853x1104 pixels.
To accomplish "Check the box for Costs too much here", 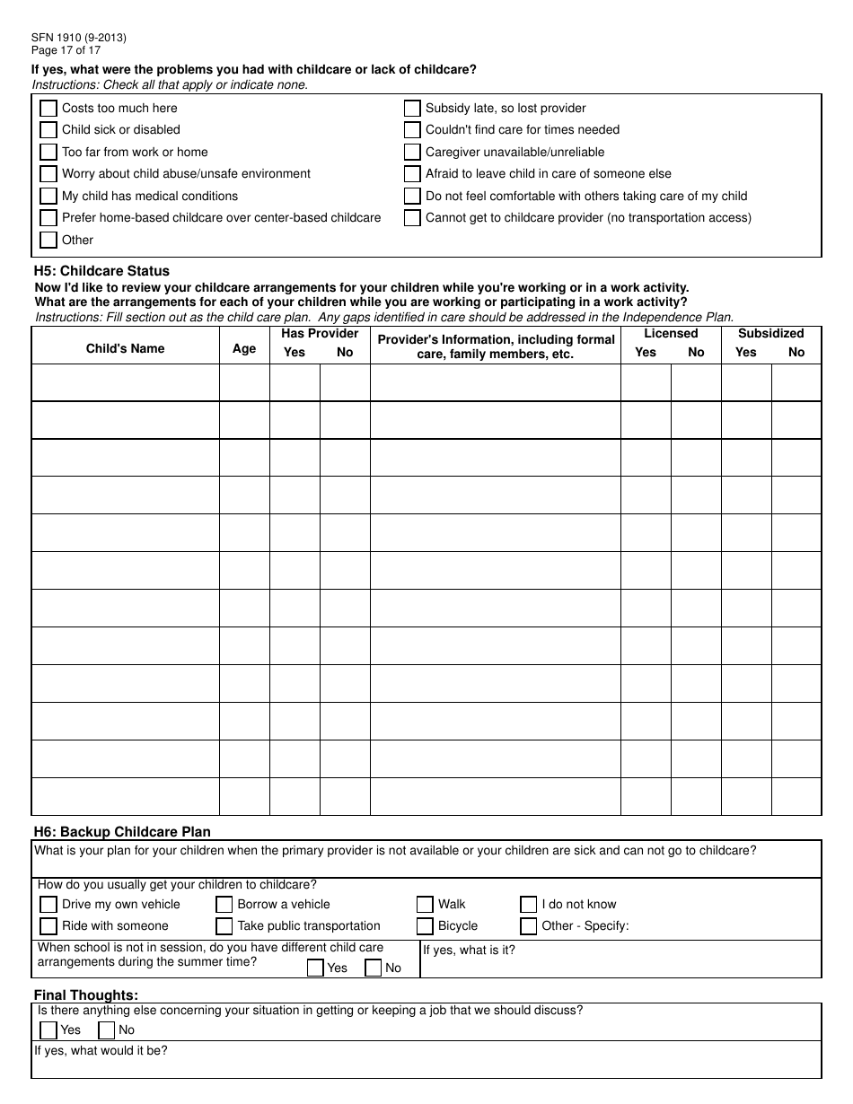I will [x=48, y=109].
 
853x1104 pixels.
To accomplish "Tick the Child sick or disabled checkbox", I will [x=48, y=130].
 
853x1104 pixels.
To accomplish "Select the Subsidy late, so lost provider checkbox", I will [x=412, y=109].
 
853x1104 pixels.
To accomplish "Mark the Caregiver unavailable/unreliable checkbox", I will [x=412, y=153].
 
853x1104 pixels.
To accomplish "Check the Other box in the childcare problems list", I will [x=48, y=241].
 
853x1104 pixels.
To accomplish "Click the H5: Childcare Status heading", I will [x=101, y=271].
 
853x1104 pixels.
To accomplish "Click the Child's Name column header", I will [x=126, y=349].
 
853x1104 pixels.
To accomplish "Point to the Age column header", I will [x=244, y=349].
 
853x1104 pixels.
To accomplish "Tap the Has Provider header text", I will [x=320, y=334].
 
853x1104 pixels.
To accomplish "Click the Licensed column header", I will [x=671, y=334].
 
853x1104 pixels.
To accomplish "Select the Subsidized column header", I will [x=771, y=334].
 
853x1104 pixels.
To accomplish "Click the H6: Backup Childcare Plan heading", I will [x=122, y=832].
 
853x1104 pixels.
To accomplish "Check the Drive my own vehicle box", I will [x=48, y=905].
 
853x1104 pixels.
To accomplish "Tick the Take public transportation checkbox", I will [x=224, y=926].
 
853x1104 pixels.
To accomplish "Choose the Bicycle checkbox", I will [x=425, y=926].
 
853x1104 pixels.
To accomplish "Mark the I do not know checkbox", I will [x=529, y=905].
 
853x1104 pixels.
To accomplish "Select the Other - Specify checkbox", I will [x=529, y=926].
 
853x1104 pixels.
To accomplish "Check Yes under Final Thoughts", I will [x=48, y=1030].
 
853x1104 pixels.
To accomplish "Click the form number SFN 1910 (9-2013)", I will [x=79, y=38].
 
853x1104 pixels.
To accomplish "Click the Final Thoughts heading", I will [x=86, y=995].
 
